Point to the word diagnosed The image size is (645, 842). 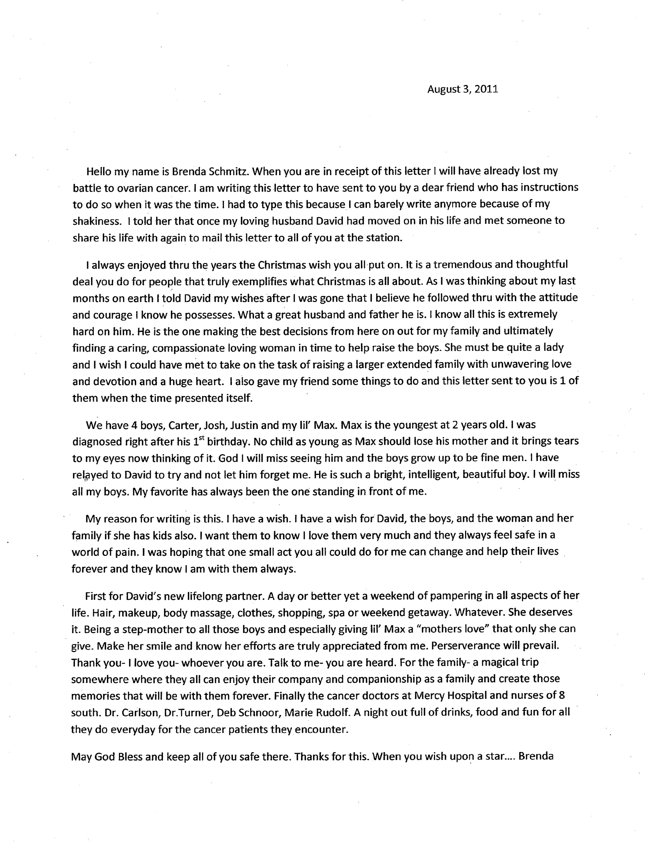(97, 442)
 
